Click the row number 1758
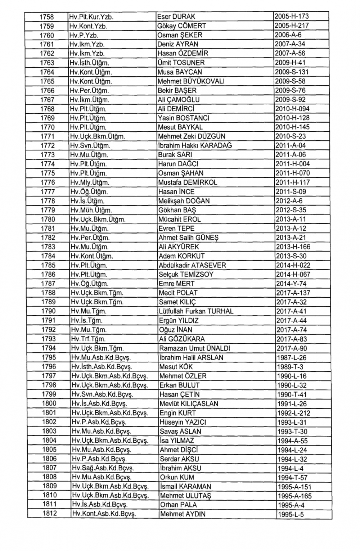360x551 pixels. [x=46, y=17]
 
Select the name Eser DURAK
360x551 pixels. [x=176, y=17]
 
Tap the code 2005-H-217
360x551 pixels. [x=292, y=26]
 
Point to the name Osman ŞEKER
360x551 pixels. [x=180, y=35]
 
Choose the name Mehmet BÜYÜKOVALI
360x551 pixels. [x=191, y=81]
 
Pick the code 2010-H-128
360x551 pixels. [x=292, y=118]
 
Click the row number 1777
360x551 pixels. [x=48, y=192]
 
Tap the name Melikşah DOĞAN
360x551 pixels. [x=184, y=201]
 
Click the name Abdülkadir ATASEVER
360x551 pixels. [x=192, y=266]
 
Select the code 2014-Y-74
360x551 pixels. [x=291, y=284]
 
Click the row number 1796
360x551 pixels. [x=49, y=367]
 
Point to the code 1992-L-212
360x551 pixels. [x=293, y=413]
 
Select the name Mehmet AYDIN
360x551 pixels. [x=183, y=514]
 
